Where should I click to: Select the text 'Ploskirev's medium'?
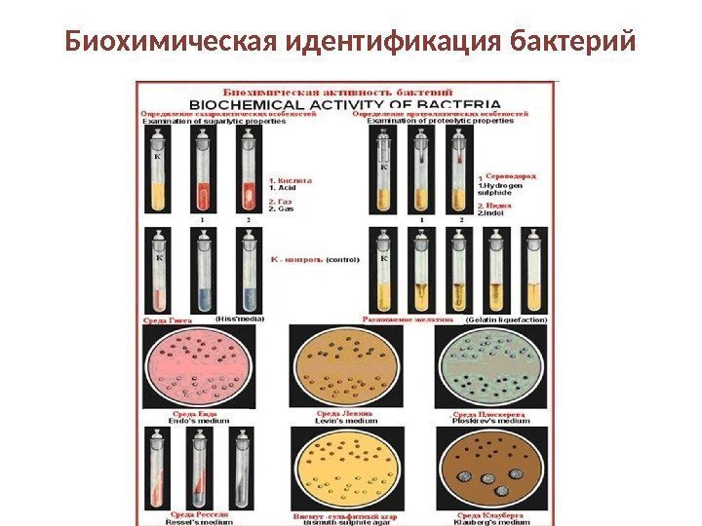[493, 422]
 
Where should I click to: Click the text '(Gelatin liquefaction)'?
[506, 319]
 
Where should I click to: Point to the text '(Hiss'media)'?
[240, 319]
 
